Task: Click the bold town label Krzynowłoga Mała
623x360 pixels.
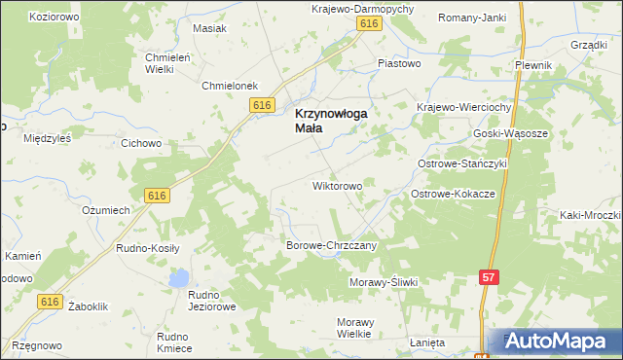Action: [330, 121]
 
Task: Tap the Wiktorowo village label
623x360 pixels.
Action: [337, 185]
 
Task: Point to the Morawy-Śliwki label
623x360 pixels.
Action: [383, 282]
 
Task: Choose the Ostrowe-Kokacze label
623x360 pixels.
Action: [454, 195]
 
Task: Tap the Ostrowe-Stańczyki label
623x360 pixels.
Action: [462, 164]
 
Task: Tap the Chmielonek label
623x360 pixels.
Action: [229, 86]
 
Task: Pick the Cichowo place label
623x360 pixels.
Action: [141, 143]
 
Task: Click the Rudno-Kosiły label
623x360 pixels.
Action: [148, 248]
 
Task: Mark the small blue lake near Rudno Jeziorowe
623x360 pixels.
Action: [178, 280]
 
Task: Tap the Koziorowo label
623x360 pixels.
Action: [55, 18]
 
